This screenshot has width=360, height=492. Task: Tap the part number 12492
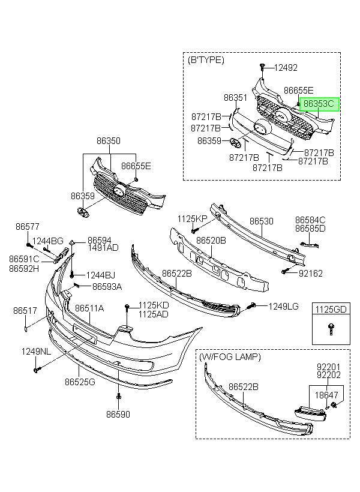coord(286,67)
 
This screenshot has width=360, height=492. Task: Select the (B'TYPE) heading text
coord(206,60)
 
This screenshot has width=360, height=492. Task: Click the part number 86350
coord(108,140)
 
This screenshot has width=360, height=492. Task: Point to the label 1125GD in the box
coord(331,310)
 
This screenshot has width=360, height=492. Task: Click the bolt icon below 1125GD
coord(330,329)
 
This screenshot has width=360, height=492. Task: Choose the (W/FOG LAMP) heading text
coord(230,357)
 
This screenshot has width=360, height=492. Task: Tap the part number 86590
coord(118,414)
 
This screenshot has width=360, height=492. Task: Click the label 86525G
coord(80,382)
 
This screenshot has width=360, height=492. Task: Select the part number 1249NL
coord(36,352)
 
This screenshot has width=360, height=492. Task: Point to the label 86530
coord(262,221)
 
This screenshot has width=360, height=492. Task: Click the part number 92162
coord(310,273)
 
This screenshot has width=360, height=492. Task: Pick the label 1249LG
coord(283,306)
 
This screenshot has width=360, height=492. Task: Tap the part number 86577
coord(28,226)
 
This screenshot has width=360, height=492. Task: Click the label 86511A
coord(89,308)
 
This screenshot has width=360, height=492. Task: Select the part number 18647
coord(326,395)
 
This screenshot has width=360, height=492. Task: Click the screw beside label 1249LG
coord(252,305)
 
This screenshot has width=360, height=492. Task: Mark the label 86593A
coord(107,286)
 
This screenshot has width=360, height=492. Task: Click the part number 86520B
coord(211,241)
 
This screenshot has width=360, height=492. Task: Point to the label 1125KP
coord(193,219)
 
